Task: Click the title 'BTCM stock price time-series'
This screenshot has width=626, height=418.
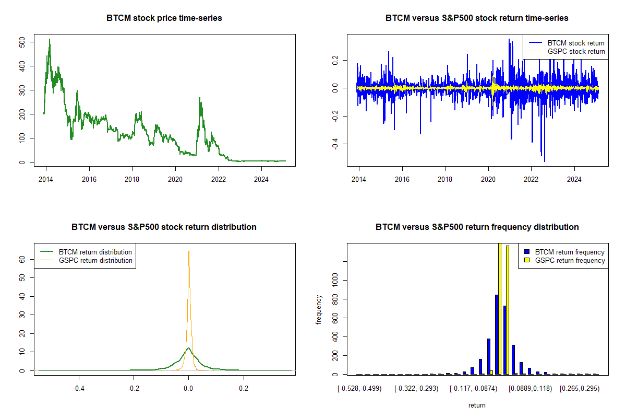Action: pyautogui.click(x=164, y=18)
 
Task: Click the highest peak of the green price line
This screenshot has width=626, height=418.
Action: pyautogui.click(x=50, y=39)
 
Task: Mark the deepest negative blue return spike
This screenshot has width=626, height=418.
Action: pyautogui.click(x=544, y=161)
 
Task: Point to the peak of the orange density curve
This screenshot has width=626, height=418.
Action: pyautogui.click(x=189, y=251)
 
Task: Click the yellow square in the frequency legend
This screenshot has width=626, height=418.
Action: pyautogui.click(x=526, y=260)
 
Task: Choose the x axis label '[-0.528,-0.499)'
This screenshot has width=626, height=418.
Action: pyautogui.click(x=360, y=389)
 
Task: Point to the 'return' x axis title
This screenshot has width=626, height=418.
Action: pyautogui.click(x=477, y=405)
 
